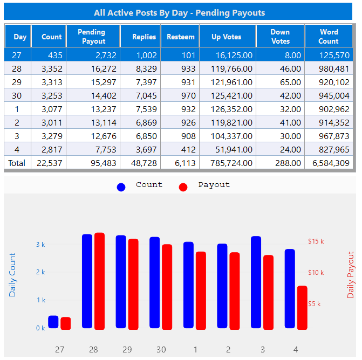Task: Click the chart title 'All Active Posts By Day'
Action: [179, 12]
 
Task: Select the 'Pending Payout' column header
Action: [91, 37]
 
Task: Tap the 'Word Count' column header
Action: [328, 37]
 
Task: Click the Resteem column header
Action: [180, 37]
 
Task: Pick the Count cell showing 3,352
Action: [49, 68]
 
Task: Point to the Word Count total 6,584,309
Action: [328, 163]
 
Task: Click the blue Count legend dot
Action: [121, 187]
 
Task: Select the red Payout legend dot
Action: [183, 187]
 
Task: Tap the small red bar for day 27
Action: [65, 323]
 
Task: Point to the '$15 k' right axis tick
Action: [316, 241]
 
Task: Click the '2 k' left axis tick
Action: [40, 272]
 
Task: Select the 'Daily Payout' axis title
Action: [351, 275]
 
